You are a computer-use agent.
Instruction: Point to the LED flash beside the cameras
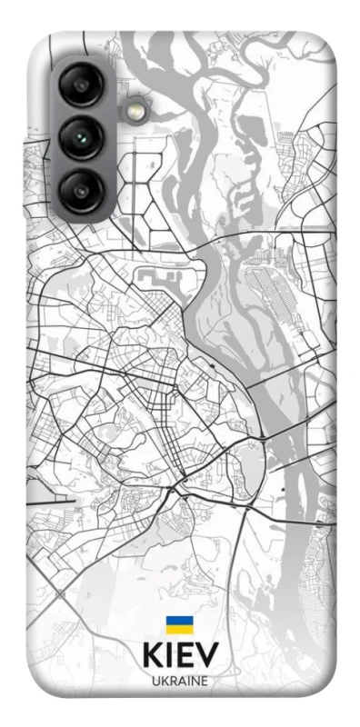click(x=138, y=111)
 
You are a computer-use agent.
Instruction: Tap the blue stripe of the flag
click(x=177, y=620)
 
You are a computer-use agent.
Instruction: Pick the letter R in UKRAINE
click(x=170, y=680)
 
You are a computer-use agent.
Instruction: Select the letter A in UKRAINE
click(x=179, y=680)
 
